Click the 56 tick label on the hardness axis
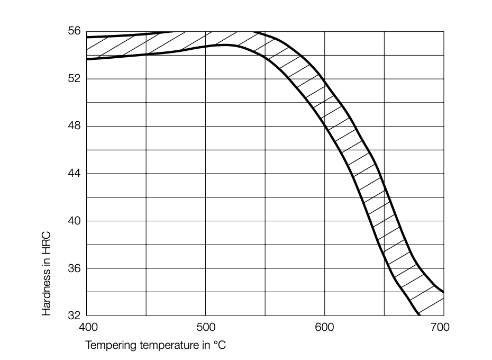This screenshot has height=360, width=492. coord(74,32)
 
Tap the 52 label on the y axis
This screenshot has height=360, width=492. coord(74,79)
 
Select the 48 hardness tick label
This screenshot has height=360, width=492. coord(74,127)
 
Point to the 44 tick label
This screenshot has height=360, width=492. coord(74,174)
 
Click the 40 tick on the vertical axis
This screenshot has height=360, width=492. coord(74,221)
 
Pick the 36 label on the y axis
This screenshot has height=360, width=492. coord(74,268)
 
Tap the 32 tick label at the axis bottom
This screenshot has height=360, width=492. coord(74,316)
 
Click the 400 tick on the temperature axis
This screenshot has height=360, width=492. coord(87,327)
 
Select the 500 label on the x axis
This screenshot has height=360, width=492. coord(205,327)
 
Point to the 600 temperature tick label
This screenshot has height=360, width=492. coord(324,327)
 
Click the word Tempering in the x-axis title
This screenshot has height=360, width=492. coord(108,345)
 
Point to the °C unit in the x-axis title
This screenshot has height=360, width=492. coord(221,345)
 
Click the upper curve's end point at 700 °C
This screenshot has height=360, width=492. coord(443,292)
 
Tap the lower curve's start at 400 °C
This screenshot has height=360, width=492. coord(87,59)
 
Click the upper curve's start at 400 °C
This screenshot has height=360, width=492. coord(87,38)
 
